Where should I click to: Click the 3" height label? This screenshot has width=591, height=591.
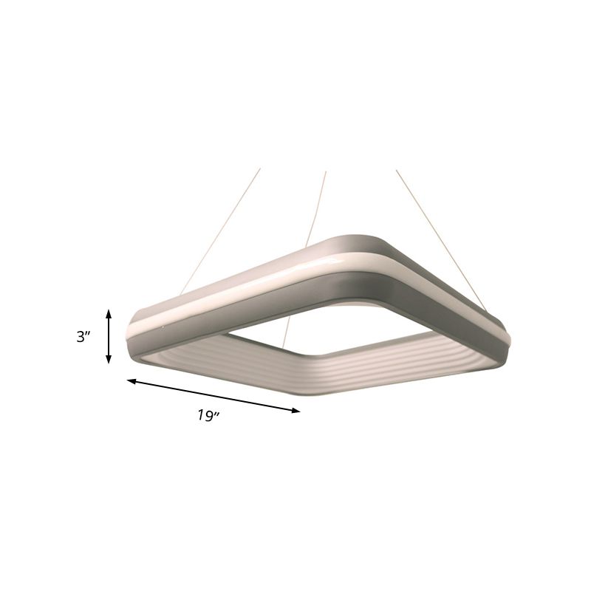[x=83, y=336]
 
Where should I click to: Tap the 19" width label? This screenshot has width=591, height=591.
[x=208, y=416]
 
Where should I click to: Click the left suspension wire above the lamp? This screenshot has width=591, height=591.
[x=222, y=229]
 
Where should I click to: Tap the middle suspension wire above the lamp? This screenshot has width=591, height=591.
[x=313, y=207]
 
